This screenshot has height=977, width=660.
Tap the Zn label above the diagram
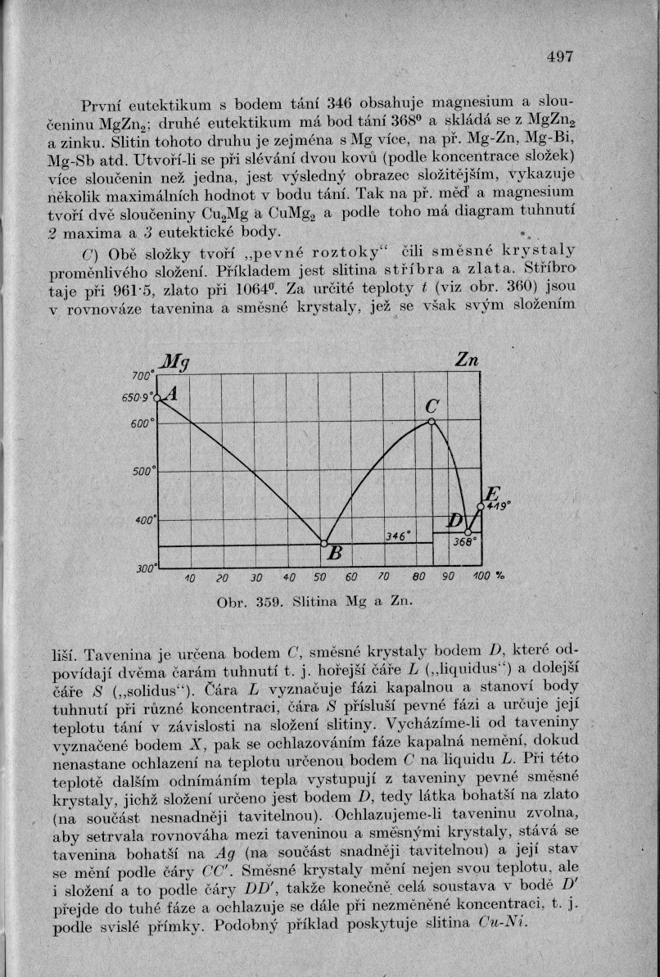(x=466, y=363)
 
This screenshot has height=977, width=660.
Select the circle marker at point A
(x=158, y=398)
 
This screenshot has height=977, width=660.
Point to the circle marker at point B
(x=323, y=543)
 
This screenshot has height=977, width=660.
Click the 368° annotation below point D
(x=464, y=541)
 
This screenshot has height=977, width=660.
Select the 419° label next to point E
(x=498, y=506)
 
